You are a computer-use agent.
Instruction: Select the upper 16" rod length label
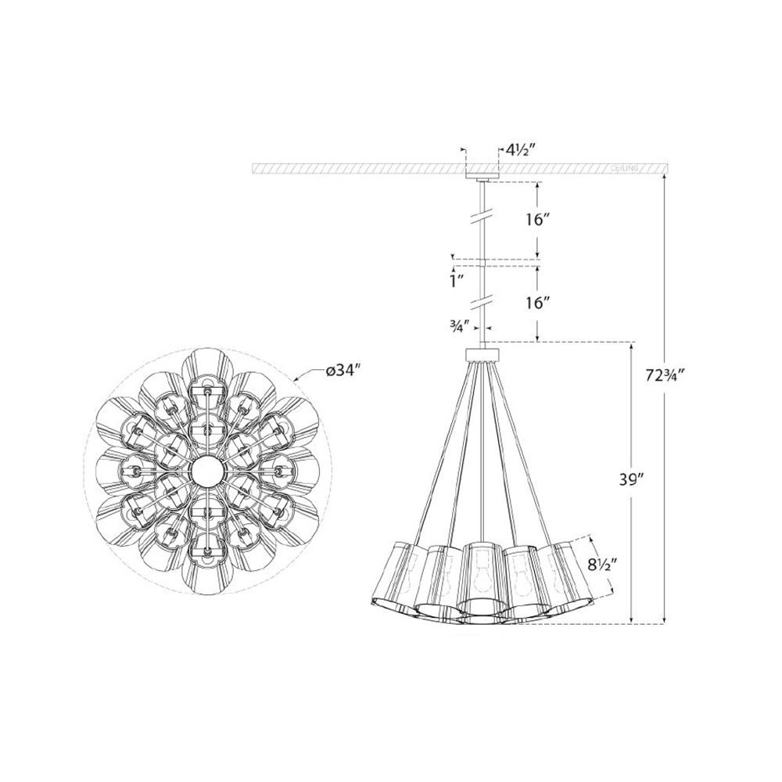click(539, 219)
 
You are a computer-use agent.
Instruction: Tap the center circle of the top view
click(207, 469)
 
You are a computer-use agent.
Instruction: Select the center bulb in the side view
click(482, 576)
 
